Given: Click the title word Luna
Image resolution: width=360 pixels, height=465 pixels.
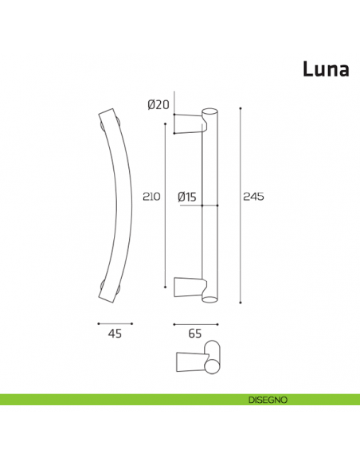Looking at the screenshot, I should (325, 69).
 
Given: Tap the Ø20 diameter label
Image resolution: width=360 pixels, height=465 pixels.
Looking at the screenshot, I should (159, 104).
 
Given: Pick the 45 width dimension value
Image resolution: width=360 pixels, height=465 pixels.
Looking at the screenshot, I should (115, 334).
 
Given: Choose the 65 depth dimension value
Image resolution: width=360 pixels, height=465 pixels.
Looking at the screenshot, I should (195, 334).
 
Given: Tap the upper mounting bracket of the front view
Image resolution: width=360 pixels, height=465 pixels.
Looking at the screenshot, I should (189, 123).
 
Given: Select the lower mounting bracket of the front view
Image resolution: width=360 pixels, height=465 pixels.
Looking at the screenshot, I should (189, 287).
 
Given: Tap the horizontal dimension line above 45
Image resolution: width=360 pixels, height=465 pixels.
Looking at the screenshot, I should (115, 323).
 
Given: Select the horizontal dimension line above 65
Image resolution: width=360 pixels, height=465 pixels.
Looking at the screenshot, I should (195, 323).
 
